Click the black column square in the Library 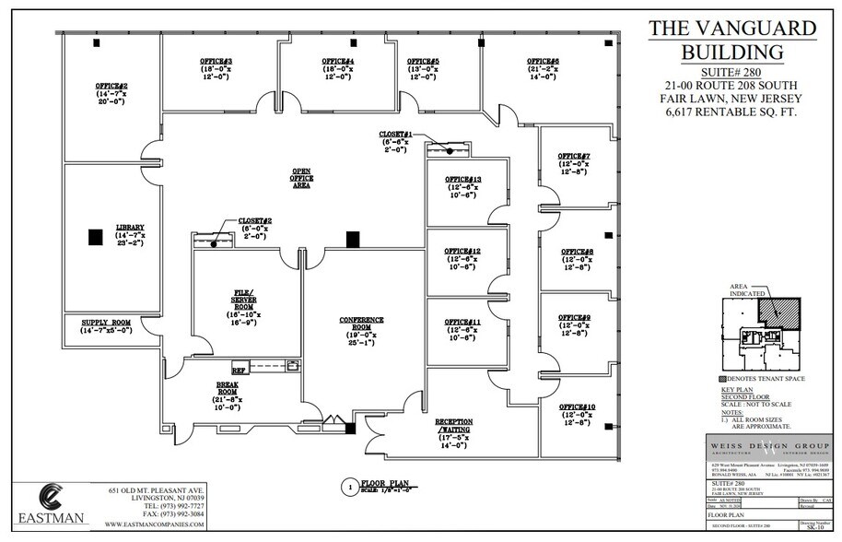95,237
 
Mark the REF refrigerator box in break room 238,370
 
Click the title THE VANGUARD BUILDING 731,39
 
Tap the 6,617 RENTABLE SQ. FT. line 731,112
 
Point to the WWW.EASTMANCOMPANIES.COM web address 155,524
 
